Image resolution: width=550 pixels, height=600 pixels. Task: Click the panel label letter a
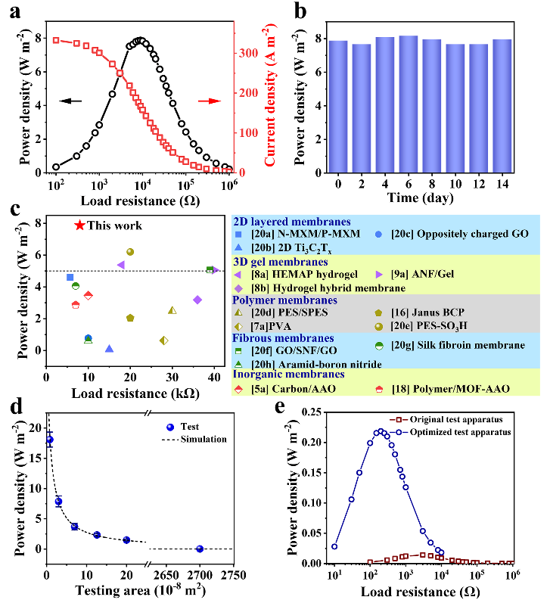[x=11, y=10]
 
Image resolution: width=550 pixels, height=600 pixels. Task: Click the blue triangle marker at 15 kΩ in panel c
[x=109, y=349]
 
